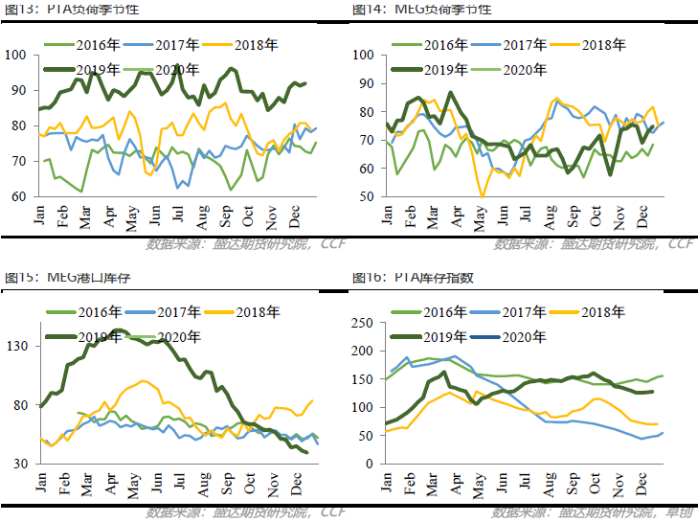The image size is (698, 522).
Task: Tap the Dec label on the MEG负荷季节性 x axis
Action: [x=642, y=216]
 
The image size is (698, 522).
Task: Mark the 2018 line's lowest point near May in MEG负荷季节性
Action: [x=483, y=196]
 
